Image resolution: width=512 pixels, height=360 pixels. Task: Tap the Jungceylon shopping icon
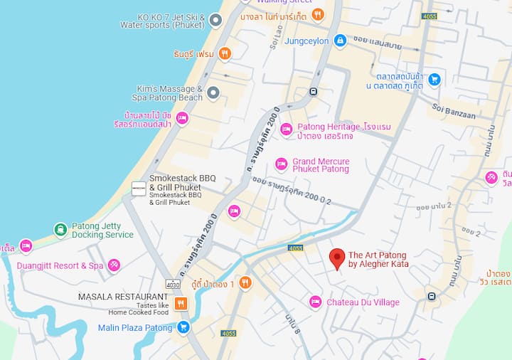pos(340,41)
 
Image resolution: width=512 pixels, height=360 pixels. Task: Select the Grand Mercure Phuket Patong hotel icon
pos(282,164)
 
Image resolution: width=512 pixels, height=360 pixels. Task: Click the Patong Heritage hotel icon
pos(287,129)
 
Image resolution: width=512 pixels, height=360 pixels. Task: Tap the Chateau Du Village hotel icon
pos(316,302)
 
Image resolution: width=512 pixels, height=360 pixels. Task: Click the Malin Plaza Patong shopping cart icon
pos(183,327)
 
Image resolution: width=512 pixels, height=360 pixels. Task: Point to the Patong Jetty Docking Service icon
pos(61,230)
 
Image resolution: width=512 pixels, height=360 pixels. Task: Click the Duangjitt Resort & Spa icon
pos(114,265)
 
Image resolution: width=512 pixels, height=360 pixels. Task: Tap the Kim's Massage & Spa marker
pos(213,93)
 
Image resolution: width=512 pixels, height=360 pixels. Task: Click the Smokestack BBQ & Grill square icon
pos(139,189)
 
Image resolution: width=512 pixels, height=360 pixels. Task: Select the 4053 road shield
pos(296,248)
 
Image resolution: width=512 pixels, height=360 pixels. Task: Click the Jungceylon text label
pos(306,41)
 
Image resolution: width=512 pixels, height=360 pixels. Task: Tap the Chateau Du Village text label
pos(363,302)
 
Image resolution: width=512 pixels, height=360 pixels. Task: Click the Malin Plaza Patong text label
pos(135,328)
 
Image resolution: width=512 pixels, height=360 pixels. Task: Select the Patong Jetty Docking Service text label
pos(102,231)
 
